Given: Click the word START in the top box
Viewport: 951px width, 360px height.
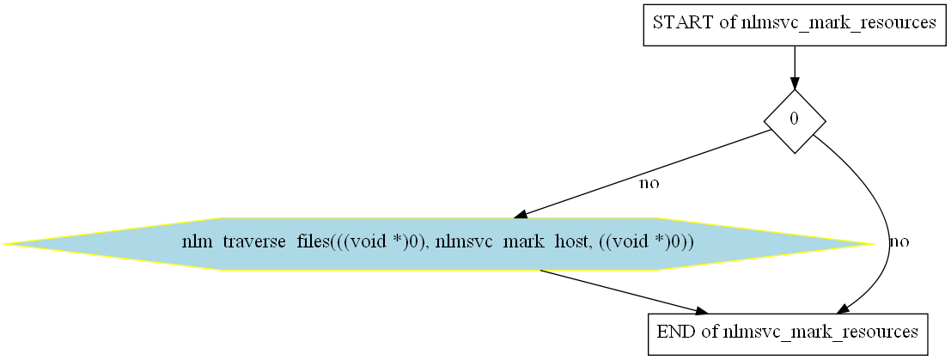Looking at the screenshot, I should (683, 23).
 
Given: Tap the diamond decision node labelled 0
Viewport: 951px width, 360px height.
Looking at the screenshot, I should (794, 121).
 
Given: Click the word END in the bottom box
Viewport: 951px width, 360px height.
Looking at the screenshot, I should (674, 331).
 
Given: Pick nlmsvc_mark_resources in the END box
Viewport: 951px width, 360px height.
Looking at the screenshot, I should (822, 331).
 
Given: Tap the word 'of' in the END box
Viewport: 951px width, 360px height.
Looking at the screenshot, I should (710, 331).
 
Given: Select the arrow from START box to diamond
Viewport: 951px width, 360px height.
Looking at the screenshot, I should (794, 64).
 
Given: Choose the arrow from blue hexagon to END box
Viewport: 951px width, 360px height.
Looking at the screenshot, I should (619, 290).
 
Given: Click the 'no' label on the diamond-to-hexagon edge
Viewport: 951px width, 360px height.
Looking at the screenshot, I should (649, 183).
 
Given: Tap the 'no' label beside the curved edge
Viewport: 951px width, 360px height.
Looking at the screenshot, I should (899, 241).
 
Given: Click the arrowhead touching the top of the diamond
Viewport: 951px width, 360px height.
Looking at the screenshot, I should (794, 82).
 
